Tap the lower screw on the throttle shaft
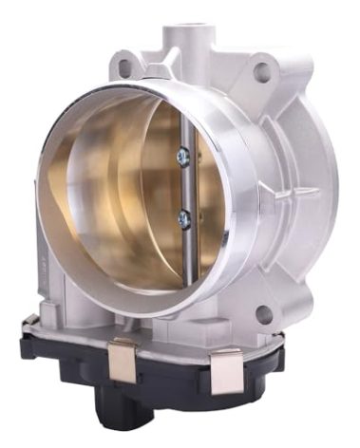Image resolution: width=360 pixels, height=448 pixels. point(184,218)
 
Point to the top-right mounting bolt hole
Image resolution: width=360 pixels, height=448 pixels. point(261,69)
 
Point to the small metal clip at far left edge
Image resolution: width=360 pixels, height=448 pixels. point(29,323)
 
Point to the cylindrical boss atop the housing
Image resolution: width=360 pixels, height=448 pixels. point(190,38)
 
